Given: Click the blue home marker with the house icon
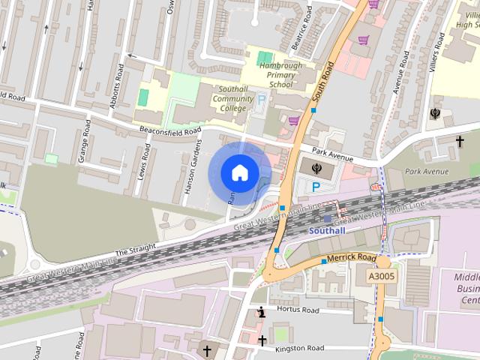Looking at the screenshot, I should pyautogui.click(x=239, y=172).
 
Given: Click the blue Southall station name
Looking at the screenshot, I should pyautogui.click(x=327, y=231).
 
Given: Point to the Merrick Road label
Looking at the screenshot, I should pyautogui.click(x=351, y=257).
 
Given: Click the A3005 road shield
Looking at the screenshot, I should pyautogui.click(x=382, y=276).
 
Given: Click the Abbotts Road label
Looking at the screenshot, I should pyautogui.click(x=116, y=85).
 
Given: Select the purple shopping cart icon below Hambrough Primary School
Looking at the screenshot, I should pyautogui.click(x=293, y=119).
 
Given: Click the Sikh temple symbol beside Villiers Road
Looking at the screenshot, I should pyautogui.click(x=436, y=114).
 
